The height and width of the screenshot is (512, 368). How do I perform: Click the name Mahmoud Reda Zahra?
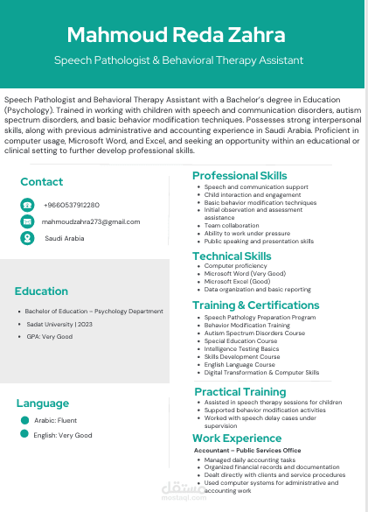(x=176, y=36)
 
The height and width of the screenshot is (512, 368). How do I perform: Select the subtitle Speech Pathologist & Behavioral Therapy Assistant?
(x=178, y=60)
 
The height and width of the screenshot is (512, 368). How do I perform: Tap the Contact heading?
(x=42, y=182)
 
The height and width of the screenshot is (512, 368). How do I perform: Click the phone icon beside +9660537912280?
(x=27, y=205)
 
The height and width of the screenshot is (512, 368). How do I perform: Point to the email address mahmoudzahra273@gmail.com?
(x=90, y=221)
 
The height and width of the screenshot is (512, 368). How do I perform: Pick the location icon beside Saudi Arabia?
(x=27, y=237)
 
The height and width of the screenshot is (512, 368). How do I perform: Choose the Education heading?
(x=41, y=291)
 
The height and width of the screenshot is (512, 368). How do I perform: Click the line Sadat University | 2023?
(x=65, y=324)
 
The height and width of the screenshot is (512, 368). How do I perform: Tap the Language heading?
(x=42, y=403)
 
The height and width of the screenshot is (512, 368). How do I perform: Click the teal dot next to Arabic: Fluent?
(x=24, y=421)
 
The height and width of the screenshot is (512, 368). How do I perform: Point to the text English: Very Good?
(x=62, y=435)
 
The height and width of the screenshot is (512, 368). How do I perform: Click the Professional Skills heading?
(x=240, y=176)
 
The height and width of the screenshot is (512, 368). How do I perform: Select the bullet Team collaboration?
(x=232, y=225)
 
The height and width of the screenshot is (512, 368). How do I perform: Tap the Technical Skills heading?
(x=232, y=256)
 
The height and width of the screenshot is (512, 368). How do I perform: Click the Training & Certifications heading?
(x=256, y=305)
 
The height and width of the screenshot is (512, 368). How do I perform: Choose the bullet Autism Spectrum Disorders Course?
(x=254, y=333)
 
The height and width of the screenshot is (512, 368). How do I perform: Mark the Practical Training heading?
(x=240, y=392)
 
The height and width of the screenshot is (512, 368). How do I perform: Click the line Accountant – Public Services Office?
(x=247, y=450)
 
